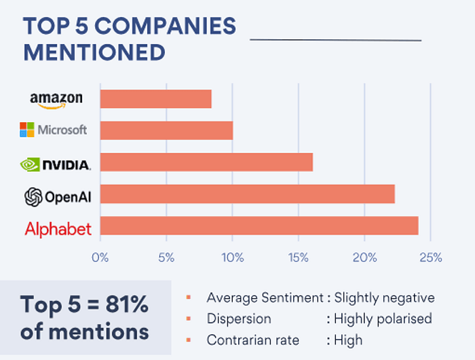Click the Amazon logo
click(x=56, y=99)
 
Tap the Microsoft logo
click(x=54, y=130)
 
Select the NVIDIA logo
click(x=56, y=164)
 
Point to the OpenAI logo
click(x=58, y=197)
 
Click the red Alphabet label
click(x=58, y=229)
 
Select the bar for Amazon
click(x=156, y=98)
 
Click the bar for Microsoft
click(x=166, y=130)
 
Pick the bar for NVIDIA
click(x=206, y=162)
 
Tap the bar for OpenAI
click(x=247, y=194)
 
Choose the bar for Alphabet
click(x=259, y=226)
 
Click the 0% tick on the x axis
click(x=100, y=258)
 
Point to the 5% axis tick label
click(x=166, y=258)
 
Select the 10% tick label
click(x=232, y=258)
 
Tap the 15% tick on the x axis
click(x=298, y=258)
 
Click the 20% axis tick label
click(x=364, y=258)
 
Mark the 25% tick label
click(x=431, y=258)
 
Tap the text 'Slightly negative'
click(x=384, y=298)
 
